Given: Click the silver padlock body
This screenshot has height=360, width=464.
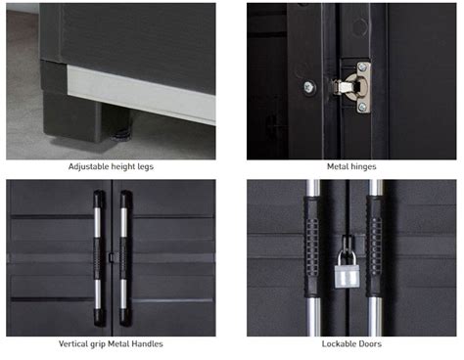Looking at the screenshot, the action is pos(347,277).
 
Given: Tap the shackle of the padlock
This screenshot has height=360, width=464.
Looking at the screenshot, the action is pos(346,257).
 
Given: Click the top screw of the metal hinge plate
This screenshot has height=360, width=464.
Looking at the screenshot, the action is pos(362,67).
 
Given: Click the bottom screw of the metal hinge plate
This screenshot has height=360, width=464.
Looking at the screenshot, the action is pos(362,107).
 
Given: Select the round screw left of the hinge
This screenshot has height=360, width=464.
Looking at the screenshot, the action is pos(308,87).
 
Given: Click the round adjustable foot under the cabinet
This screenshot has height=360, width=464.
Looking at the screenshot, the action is pos(120,135).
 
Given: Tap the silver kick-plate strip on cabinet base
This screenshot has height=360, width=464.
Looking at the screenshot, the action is pos(141,95).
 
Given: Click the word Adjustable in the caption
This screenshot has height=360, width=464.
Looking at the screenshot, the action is pos(89,166).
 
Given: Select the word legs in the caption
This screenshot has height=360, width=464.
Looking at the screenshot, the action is pos(146,167).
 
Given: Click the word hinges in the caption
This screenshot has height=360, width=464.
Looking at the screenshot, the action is pos(363,166).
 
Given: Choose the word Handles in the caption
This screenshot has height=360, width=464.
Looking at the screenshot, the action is pos(149,343).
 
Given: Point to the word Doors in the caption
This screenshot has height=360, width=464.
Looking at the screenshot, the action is pos(370,343).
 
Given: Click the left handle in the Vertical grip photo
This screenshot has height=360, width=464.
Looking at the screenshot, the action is pos(99,258).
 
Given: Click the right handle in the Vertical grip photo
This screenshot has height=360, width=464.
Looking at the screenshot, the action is pos(125,258).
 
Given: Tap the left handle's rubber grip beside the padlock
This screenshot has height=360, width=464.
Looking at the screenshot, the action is pos(312,247).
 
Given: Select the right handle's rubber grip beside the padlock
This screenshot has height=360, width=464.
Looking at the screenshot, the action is pos(375,247).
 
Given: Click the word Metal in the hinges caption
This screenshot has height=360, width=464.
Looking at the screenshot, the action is pos(338,166).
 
